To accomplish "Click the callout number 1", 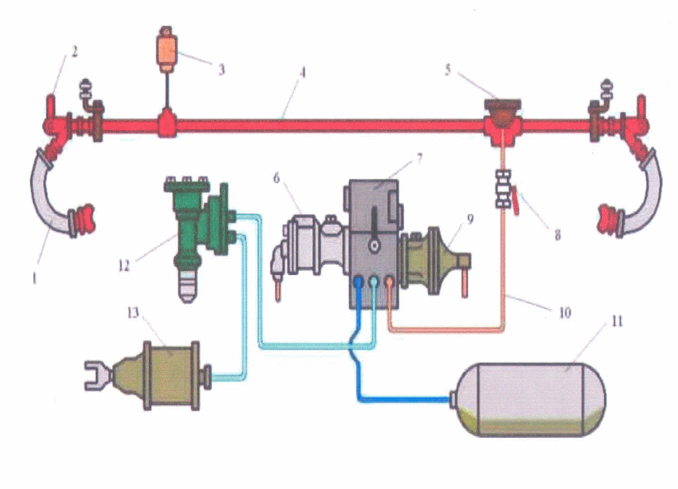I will click(35, 277).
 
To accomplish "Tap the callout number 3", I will click(221, 68).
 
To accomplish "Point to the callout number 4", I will click(302, 72).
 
